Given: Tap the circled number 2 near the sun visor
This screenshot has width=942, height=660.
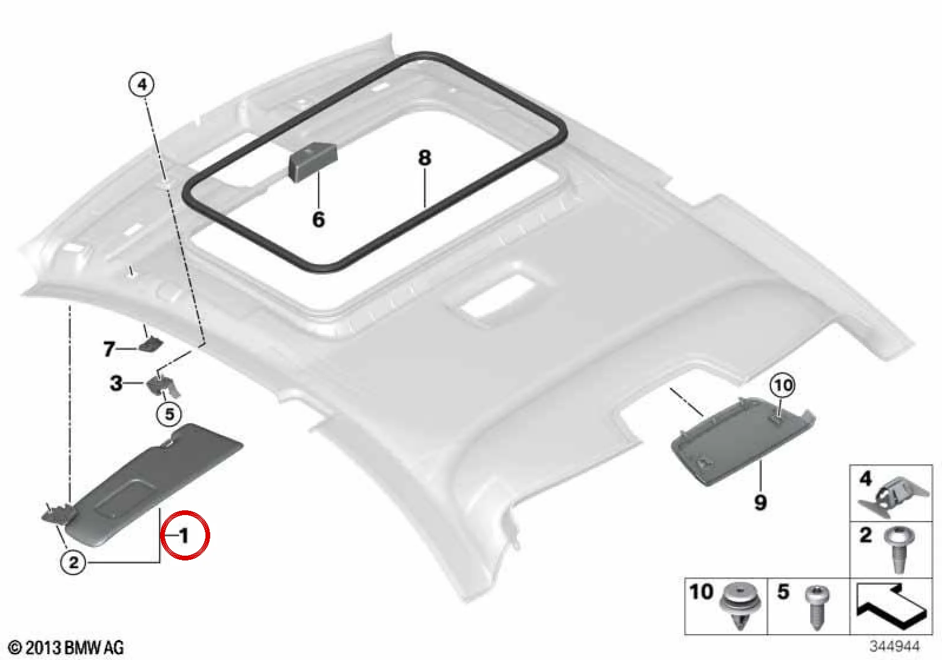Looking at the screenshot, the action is click(x=74, y=562).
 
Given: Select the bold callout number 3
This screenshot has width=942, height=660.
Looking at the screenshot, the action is click(x=116, y=383).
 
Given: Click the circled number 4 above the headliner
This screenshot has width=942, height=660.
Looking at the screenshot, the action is click(x=142, y=85).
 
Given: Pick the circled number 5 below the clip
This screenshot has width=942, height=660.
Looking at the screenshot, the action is click(x=169, y=414).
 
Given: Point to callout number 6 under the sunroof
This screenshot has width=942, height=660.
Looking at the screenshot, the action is click(x=319, y=219).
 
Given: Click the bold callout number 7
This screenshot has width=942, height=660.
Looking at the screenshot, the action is click(x=109, y=349).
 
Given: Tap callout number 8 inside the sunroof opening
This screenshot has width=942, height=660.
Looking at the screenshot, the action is click(x=424, y=158).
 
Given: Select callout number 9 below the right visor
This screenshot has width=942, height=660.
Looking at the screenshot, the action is click(x=760, y=502).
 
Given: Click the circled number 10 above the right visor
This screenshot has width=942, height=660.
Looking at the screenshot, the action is click(x=782, y=385).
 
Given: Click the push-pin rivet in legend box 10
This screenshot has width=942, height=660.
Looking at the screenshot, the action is click(x=739, y=606).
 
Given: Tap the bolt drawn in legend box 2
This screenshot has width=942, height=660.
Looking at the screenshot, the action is click(x=899, y=549).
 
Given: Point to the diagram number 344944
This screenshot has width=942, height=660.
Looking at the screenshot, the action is click(x=894, y=645).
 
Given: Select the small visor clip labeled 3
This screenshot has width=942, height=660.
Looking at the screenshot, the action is click(x=163, y=387).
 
